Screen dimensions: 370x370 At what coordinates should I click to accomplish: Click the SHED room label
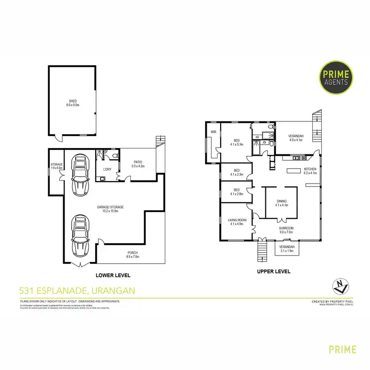click(73, 103)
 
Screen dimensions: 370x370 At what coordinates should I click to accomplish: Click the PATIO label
click(138, 163)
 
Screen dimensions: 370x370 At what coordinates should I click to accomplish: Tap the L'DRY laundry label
click(108, 170)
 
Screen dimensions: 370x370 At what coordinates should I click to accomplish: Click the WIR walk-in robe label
click(213, 132)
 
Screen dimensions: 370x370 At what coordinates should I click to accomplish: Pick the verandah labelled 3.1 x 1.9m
click(287, 249)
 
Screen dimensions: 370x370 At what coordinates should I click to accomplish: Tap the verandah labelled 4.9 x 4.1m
click(296, 138)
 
